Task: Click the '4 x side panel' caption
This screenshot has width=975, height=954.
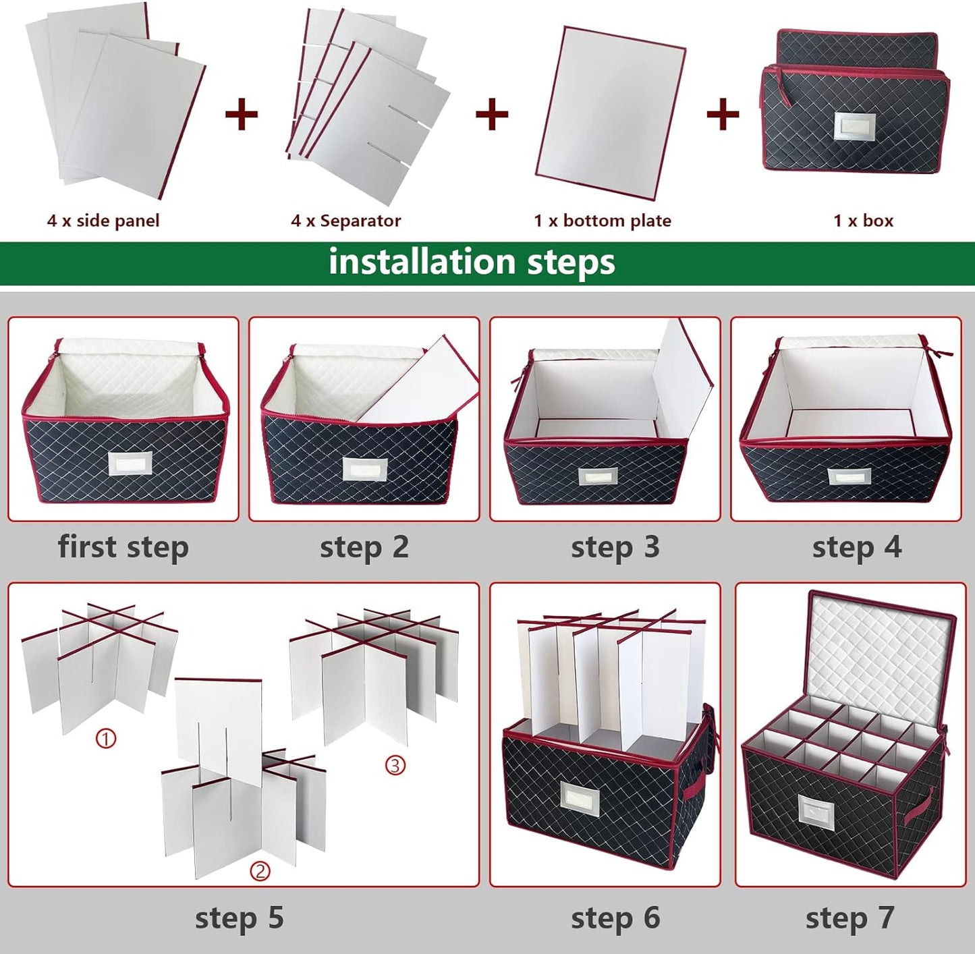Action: point(103,221)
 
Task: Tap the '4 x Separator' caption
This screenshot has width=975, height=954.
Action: point(345,221)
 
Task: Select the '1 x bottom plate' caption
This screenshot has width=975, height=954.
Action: point(602,221)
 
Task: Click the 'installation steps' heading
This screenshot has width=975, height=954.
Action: point(472,262)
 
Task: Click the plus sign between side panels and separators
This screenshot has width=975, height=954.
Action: point(242,113)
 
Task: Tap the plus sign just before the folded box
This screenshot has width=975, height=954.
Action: point(723,113)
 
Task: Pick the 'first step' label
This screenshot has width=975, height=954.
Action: point(123,546)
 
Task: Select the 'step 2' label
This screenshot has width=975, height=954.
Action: point(364,546)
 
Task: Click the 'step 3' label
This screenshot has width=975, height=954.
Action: point(615,546)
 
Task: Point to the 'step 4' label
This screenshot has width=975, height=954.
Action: point(856,546)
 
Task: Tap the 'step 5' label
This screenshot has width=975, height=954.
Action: point(239,918)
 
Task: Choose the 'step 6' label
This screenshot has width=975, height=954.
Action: point(615,918)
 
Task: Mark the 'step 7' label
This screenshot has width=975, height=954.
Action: point(849,918)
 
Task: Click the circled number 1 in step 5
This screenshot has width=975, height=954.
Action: point(106,739)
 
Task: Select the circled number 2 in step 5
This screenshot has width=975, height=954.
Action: point(260,871)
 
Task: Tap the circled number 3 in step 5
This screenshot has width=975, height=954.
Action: point(395,765)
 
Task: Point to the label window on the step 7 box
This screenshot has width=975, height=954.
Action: point(816,810)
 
